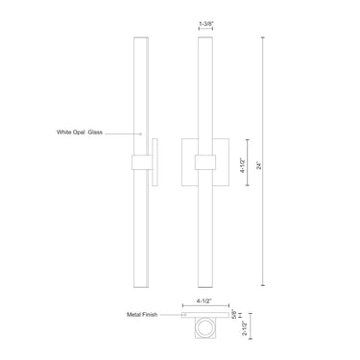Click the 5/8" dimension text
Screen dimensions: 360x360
[234, 314]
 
